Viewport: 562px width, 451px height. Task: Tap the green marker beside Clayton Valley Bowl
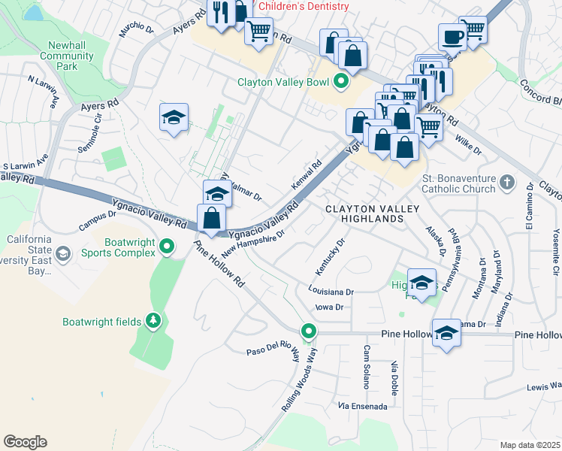(x=342, y=83)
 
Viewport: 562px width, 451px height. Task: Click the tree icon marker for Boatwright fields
(x=153, y=322)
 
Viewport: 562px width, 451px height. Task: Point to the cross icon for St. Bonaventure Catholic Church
(x=508, y=182)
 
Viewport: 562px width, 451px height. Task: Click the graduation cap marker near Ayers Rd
(x=174, y=117)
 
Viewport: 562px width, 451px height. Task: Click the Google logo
(x=25, y=442)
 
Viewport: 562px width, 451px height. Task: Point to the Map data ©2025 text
(x=529, y=445)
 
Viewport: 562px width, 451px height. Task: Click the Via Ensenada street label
(x=363, y=406)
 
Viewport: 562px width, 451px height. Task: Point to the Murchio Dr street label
(x=136, y=29)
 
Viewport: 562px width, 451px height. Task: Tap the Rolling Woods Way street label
(x=301, y=380)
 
